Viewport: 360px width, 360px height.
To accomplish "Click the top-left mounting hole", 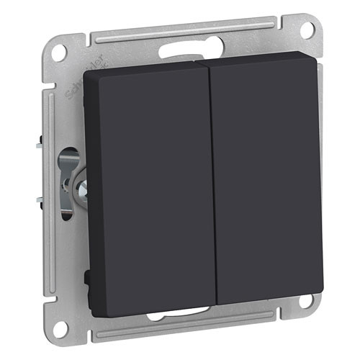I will pyautogui.click(x=60, y=53).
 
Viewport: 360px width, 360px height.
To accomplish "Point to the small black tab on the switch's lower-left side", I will pyautogui.click(x=87, y=275).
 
